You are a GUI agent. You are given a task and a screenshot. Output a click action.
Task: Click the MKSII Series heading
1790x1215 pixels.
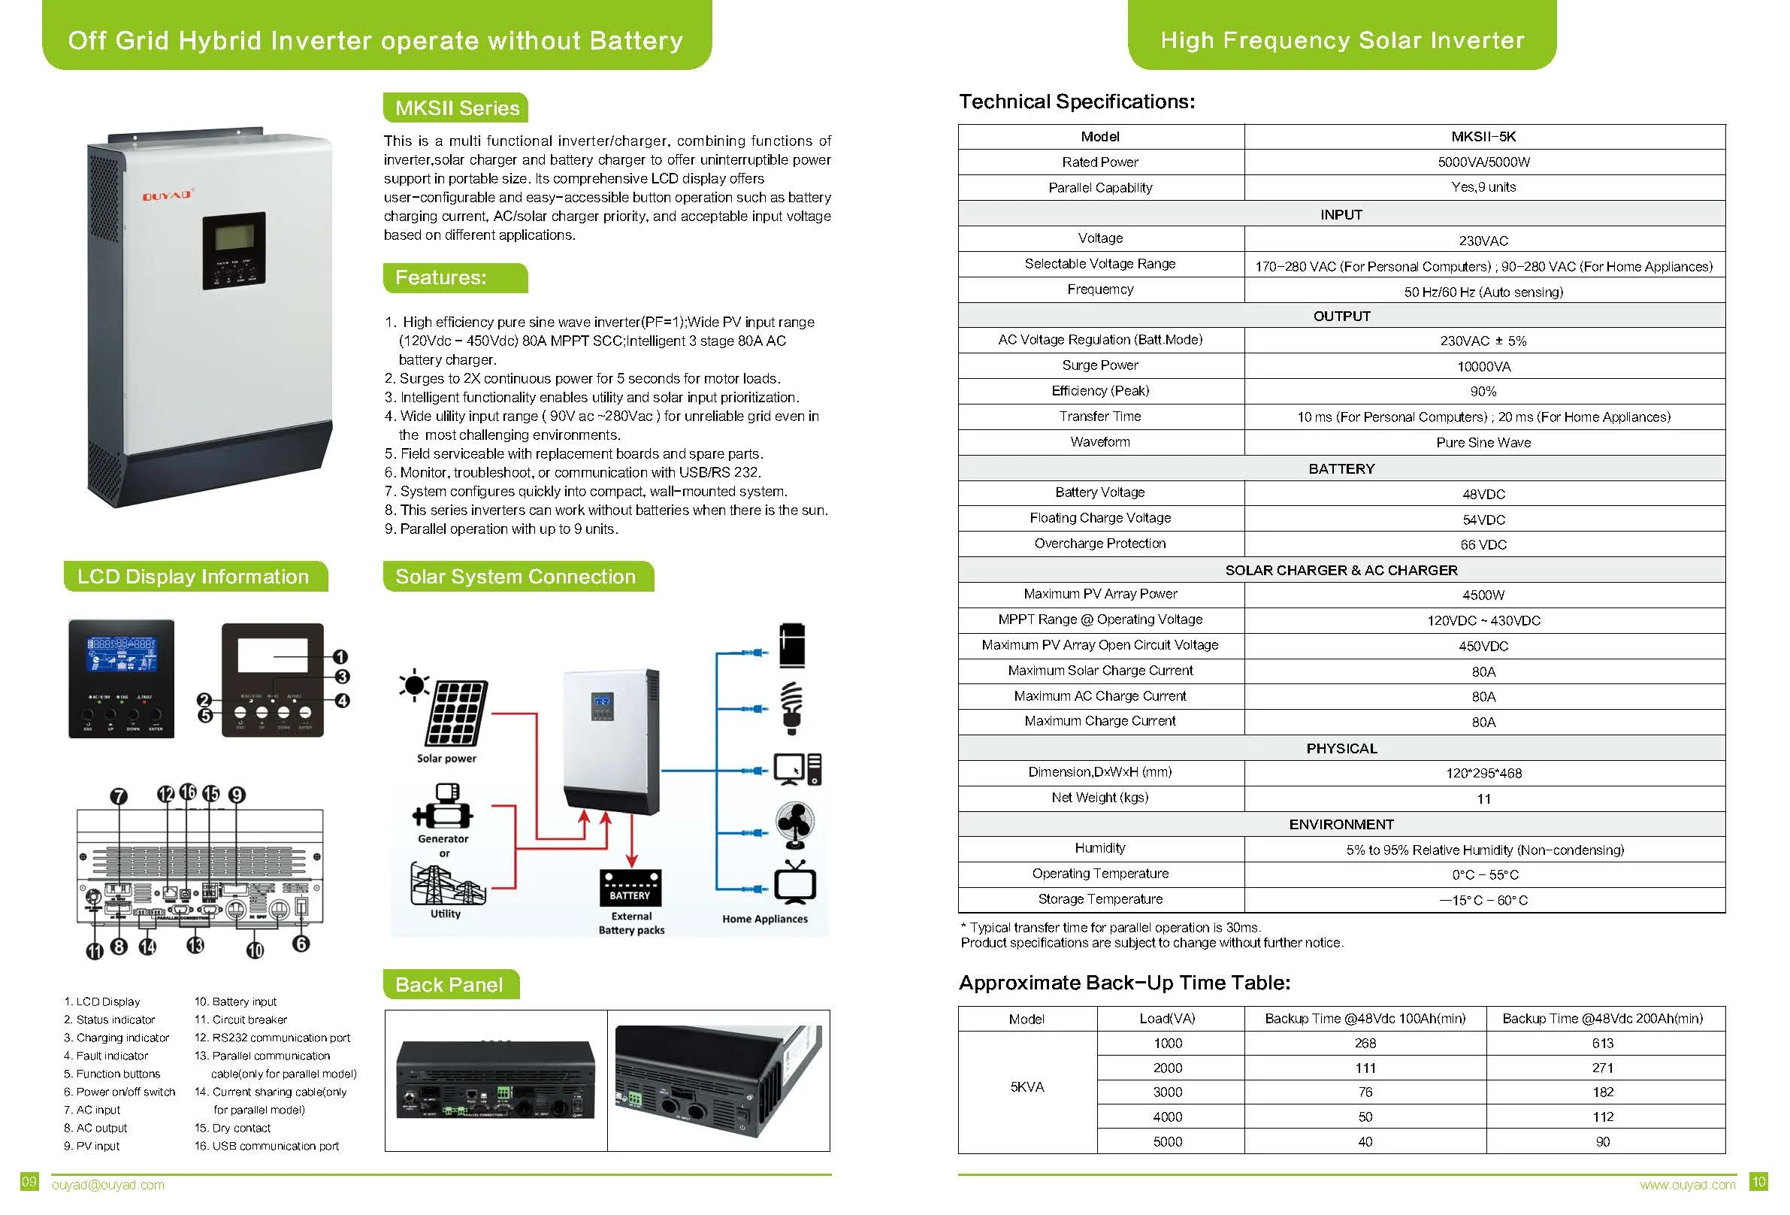click(x=456, y=108)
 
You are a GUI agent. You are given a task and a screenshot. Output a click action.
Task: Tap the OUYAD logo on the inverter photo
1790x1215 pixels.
click(x=166, y=195)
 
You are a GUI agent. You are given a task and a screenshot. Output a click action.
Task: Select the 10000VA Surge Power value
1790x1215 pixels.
click(x=1483, y=367)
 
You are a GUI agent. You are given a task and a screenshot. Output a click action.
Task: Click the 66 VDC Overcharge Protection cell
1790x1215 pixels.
click(x=1483, y=544)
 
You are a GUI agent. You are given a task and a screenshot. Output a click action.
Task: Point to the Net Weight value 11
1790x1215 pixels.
click(x=1483, y=799)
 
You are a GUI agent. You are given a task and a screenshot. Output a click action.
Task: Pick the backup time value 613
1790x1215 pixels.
click(x=1603, y=1043)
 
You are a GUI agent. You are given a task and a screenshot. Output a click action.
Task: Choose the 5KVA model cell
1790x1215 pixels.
click(x=1027, y=1087)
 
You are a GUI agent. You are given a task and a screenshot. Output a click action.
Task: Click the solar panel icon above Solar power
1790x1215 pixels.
click(x=457, y=713)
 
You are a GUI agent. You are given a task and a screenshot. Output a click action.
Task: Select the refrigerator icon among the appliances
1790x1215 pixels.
click(x=792, y=646)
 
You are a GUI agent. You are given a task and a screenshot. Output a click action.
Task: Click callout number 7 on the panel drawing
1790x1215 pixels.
click(x=119, y=796)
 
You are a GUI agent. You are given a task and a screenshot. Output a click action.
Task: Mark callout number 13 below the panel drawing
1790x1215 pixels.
click(x=195, y=944)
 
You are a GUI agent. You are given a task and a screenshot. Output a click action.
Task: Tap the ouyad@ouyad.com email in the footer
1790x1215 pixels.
click(x=107, y=1185)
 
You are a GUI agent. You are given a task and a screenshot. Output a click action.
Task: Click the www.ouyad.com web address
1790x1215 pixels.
click(x=1687, y=1185)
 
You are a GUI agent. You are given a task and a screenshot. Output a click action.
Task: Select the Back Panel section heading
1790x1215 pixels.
click(x=450, y=985)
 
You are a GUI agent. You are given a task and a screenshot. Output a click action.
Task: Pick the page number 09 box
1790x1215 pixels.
click(x=29, y=1181)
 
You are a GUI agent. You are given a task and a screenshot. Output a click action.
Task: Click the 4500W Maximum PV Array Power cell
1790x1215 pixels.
click(x=1483, y=595)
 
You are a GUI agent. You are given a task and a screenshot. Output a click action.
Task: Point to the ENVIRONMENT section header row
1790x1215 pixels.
click(x=1341, y=824)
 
